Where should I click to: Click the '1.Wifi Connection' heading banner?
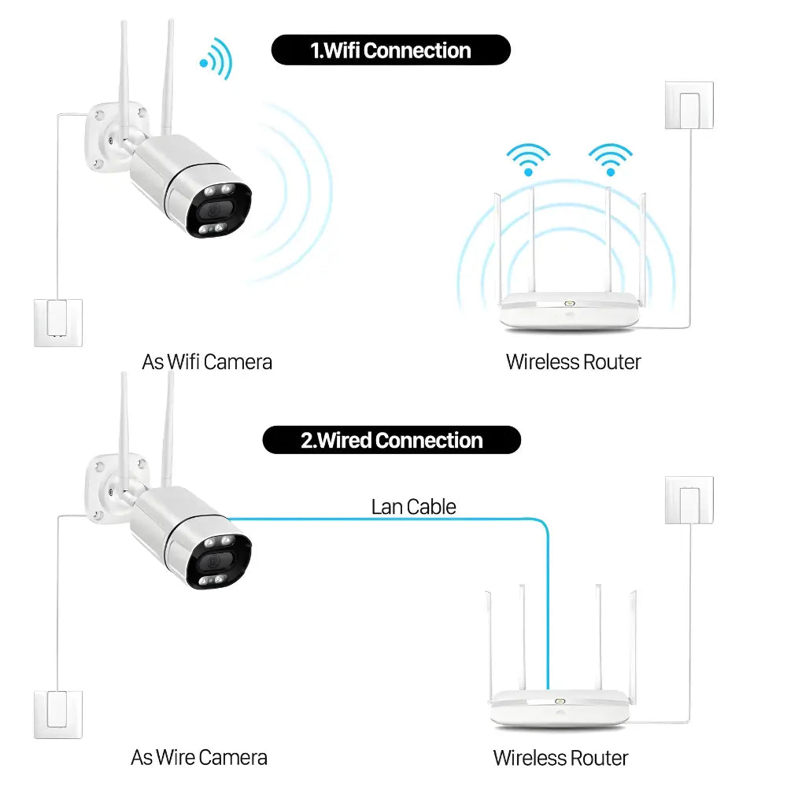pyautogui.click(x=390, y=50)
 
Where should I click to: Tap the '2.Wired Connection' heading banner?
pyautogui.click(x=391, y=440)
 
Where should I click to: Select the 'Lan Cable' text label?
pyautogui.click(x=413, y=507)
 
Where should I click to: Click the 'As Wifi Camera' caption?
pyautogui.click(x=207, y=362)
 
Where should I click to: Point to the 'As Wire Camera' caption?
pyautogui.click(x=199, y=757)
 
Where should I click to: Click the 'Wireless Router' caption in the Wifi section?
pyautogui.click(x=573, y=362)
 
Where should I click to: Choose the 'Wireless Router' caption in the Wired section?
pyautogui.click(x=560, y=758)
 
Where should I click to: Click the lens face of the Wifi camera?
pyautogui.click(x=213, y=210)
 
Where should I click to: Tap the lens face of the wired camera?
pyautogui.click(x=213, y=561)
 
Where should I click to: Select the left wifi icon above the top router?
pyautogui.click(x=528, y=160)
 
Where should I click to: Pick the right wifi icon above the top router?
pyautogui.click(x=611, y=160)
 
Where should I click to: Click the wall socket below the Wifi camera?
pyautogui.click(x=58, y=322)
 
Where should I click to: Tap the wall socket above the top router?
pyautogui.click(x=689, y=105)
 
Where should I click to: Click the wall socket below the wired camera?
pyautogui.click(x=58, y=715)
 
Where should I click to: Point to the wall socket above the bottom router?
pyautogui.click(x=689, y=500)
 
